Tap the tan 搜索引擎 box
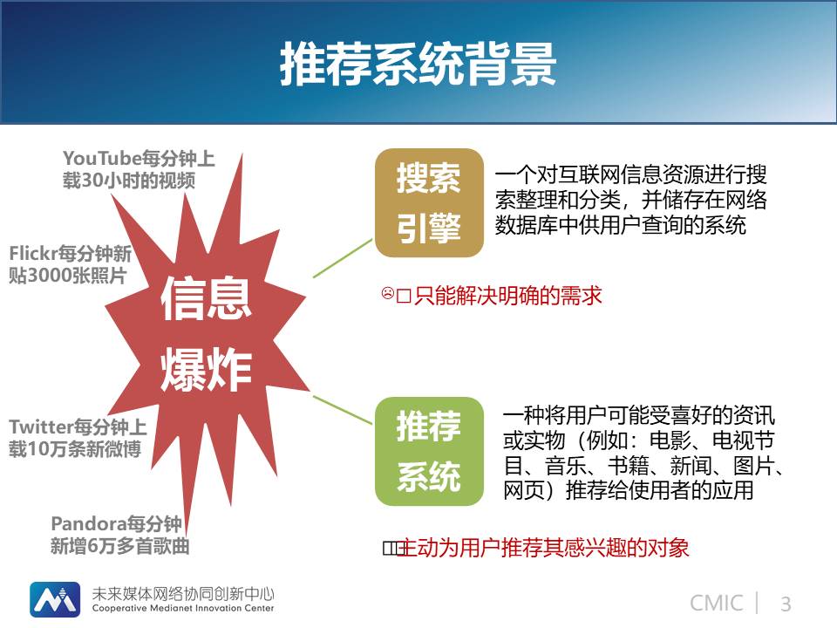pyautogui.click(x=429, y=203)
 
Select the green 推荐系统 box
pyautogui.click(x=429, y=451)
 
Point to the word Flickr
pyautogui.click(x=33, y=253)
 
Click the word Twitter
pyautogui.click(x=41, y=427)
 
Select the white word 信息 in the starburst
pyautogui.click(x=206, y=298)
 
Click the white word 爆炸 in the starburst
pyautogui.click(x=206, y=369)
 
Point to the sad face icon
pyautogui.click(x=387, y=293)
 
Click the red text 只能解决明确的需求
pyautogui.click(x=507, y=296)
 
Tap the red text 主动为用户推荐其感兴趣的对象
pyautogui.click(x=543, y=548)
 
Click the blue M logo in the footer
pyautogui.click(x=55, y=599)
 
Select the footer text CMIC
pyautogui.click(x=716, y=604)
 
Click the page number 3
pyautogui.click(x=786, y=604)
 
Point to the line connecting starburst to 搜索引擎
pyautogui.click(x=343, y=258)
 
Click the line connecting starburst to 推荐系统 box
pyautogui.click(x=343, y=410)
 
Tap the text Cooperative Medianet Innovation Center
pyautogui.click(x=183, y=608)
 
